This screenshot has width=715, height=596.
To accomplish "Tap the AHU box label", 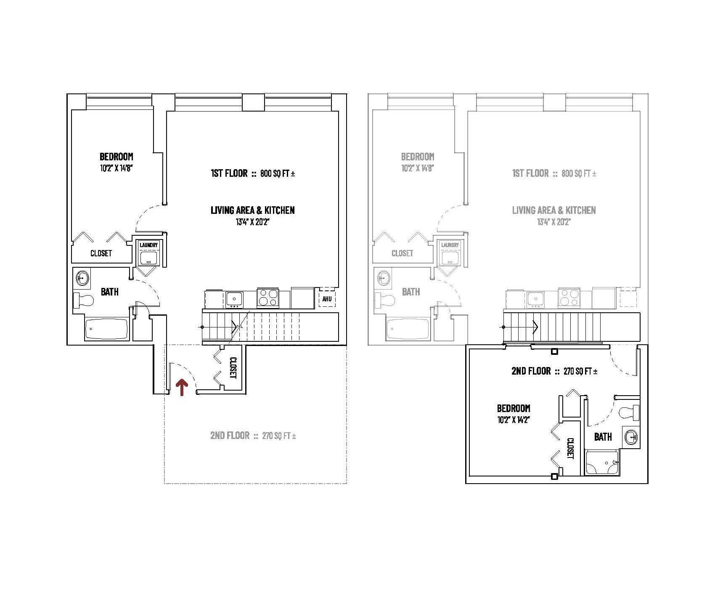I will (x=327, y=299).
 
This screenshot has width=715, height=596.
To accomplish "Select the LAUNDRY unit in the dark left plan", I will (x=149, y=254).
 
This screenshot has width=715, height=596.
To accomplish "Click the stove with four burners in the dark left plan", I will (x=267, y=297).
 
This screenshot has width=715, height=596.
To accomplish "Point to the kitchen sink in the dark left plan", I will (x=234, y=299).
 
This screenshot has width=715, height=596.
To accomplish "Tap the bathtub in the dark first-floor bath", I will (x=106, y=329).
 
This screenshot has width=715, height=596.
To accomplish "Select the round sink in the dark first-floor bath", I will (x=82, y=278).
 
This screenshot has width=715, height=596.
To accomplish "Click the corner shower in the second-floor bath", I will (x=602, y=463).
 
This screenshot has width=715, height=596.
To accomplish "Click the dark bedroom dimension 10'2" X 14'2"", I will (x=512, y=420).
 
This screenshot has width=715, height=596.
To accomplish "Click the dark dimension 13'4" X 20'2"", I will (x=252, y=222).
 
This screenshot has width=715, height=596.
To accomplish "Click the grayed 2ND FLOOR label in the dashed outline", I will (x=230, y=436).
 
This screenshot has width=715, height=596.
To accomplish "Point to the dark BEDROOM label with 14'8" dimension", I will (x=116, y=157).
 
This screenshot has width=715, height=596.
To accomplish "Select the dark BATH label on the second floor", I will (x=603, y=437).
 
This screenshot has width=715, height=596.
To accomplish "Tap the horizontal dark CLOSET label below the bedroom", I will (x=101, y=253).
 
